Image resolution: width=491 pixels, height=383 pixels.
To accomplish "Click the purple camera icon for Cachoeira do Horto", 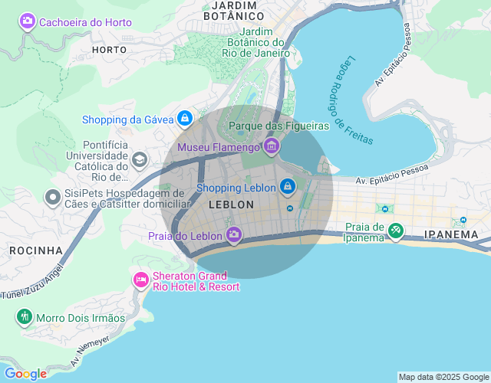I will click(28, 22).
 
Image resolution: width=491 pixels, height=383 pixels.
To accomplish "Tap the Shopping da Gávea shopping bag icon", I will click(184, 119).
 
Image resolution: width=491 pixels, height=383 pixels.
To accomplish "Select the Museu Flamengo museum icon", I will click(271, 146).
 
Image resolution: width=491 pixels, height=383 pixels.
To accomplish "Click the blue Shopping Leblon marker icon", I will click(287, 186).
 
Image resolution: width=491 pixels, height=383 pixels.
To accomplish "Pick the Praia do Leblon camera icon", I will click(234, 234).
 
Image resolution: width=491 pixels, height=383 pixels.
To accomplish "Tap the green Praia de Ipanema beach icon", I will click(395, 230).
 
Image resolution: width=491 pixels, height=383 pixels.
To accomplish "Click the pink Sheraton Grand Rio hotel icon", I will click(140, 280).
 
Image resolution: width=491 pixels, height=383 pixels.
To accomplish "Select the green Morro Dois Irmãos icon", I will click(25, 316).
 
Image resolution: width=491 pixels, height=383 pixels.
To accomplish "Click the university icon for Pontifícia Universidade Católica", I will click(140, 159).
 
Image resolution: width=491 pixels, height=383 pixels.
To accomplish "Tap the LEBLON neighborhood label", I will click(231, 205).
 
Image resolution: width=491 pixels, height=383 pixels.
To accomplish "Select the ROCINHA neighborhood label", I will click(36, 250).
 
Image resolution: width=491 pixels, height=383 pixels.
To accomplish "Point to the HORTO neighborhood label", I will click(108, 50).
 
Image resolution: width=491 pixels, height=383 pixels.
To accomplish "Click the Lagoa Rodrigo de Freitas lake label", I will click(354, 100).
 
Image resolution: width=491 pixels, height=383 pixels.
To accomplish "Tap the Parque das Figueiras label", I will click(278, 125).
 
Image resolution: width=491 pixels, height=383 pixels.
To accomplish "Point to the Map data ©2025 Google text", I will click(443, 377).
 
